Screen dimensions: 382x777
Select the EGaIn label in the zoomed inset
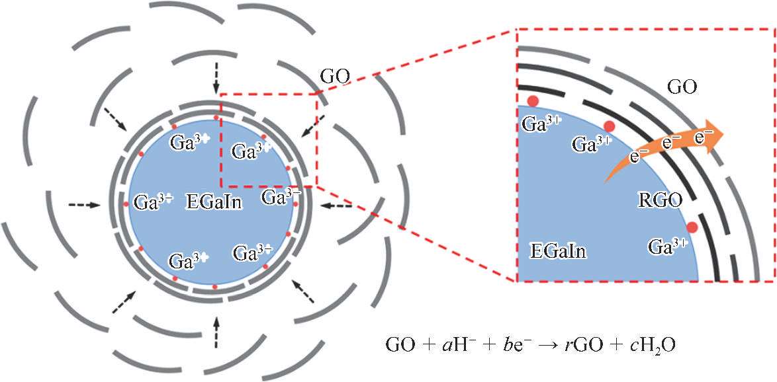pos(558,250)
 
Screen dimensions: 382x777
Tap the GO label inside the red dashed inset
pos(682,87)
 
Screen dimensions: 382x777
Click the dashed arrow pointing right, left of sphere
pos(84,205)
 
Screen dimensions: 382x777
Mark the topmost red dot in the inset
pos(533,101)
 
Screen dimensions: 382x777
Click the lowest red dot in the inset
pos(692,227)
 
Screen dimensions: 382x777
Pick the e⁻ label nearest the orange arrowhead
pos(704,136)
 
